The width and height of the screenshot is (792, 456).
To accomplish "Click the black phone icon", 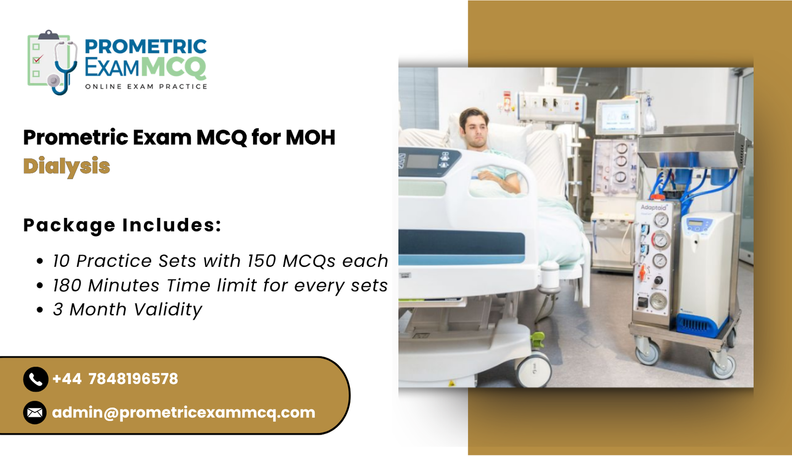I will (x=35, y=379).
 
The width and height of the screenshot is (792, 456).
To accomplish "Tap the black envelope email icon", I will (x=35, y=412).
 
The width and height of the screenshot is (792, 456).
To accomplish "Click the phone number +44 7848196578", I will (x=115, y=379).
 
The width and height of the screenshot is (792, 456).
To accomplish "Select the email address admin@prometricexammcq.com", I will (x=184, y=412).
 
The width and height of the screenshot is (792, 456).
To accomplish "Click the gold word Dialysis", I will (x=66, y=166).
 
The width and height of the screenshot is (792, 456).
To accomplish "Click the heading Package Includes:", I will (x=122, y=225).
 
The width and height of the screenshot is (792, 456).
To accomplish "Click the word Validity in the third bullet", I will (x=168, y=310).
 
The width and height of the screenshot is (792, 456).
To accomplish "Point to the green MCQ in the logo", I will (x=173, y=67).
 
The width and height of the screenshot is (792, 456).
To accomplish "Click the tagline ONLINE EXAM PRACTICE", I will (x=146, y=87).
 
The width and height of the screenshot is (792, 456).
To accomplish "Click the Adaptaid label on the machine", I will (x=653, y=207).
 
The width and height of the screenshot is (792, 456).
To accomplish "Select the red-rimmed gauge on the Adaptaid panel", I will (x=660, y=241).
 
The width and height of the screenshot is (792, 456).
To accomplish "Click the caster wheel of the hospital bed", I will (x=534, y=369).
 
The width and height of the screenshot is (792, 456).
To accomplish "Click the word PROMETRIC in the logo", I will (x=146, y=47).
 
